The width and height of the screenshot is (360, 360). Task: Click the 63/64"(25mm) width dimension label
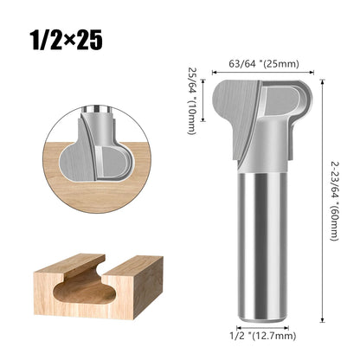point(260,62)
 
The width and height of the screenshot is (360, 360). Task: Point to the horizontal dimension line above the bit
point(260,71)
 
